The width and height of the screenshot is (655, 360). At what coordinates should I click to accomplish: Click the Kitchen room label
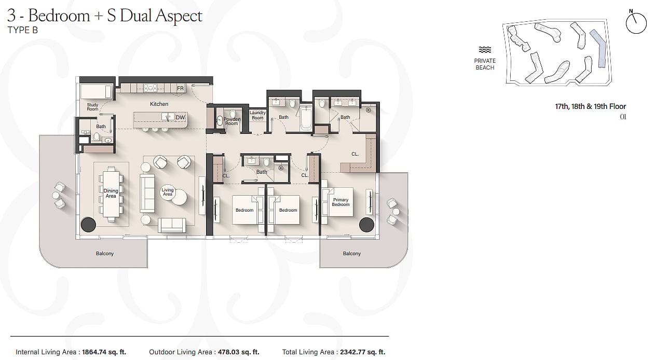(159, 104)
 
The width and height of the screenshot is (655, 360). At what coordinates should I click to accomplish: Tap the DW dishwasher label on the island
(180, 117)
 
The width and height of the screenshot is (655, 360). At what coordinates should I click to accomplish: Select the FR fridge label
(180, 88)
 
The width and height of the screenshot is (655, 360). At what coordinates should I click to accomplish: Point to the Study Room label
(92, 107)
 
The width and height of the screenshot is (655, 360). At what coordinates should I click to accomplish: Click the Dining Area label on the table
(111, 193)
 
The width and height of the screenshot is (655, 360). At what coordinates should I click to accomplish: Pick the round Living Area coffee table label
(168, 192)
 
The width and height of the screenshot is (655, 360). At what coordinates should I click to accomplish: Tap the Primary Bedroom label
(340, 202)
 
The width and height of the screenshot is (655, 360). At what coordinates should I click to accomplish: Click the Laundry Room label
(257, 116)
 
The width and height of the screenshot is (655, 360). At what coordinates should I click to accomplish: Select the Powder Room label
(231, 121)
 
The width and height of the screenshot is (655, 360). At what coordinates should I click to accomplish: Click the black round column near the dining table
(88, 225)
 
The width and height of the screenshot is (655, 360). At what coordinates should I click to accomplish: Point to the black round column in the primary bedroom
(366, 225)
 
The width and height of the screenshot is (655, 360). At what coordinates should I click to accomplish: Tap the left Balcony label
(105, 254)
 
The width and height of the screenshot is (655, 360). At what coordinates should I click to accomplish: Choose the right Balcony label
(352, 254)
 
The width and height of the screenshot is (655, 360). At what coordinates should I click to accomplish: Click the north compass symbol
(636, 22)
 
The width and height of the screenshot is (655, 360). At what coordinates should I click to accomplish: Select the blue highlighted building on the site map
(599, 48)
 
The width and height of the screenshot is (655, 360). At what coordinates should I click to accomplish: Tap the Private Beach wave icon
(485, 50)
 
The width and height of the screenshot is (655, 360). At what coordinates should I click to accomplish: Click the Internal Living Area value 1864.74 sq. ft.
(104, 352)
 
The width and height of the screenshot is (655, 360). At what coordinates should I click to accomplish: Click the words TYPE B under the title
(23, 30)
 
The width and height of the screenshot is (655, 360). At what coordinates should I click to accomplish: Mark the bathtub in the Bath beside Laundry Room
(306, 118)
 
